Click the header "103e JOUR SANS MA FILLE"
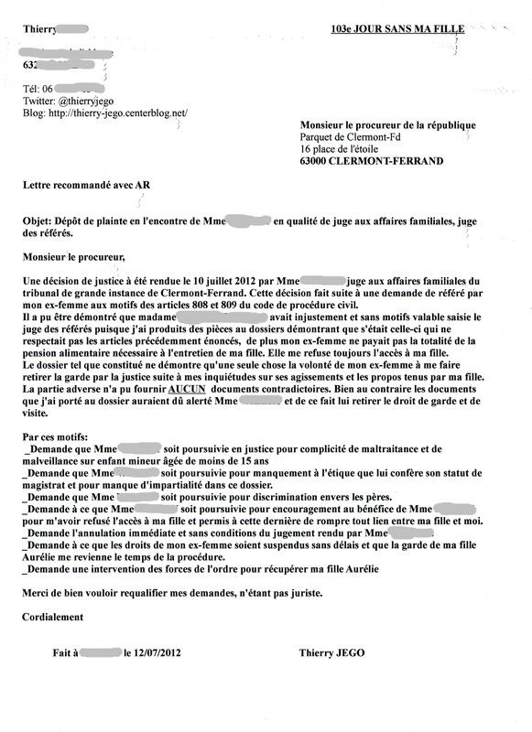(397, 29)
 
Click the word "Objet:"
(40, 221)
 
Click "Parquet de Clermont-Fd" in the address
(351, 137)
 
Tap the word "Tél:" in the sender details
(31, 89)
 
